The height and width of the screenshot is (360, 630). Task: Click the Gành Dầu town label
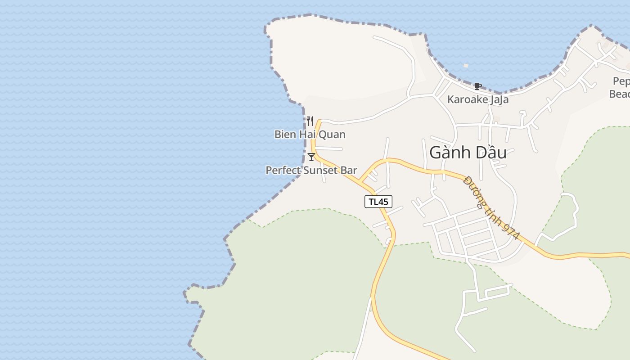click(468, 153)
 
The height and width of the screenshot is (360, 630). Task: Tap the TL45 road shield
click(378, 202)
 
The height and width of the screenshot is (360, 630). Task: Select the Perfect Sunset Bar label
click(311, 171)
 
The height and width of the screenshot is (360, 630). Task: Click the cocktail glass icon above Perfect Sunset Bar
click(311, 157)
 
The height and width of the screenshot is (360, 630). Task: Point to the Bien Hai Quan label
click(310, 134)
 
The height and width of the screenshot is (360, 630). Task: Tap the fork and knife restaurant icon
click(310, 121)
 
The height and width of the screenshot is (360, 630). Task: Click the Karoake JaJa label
click(477, 99)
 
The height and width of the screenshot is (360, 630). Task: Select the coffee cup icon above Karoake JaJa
click(477, 86)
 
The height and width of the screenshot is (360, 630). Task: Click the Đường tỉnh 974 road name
click(491, 207)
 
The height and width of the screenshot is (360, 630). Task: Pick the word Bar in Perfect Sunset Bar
click(349, 171)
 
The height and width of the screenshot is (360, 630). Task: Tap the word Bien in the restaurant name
click(285, 134)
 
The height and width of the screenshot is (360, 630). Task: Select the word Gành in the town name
click(447, 153)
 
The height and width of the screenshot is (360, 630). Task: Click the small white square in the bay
click(466, 66)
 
